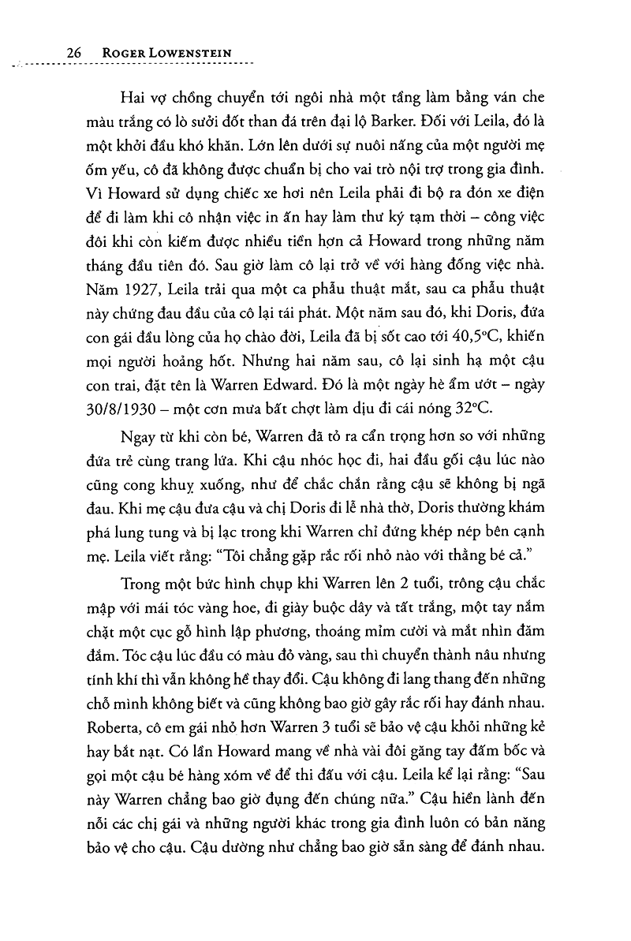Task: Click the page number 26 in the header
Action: coord(75,52)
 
